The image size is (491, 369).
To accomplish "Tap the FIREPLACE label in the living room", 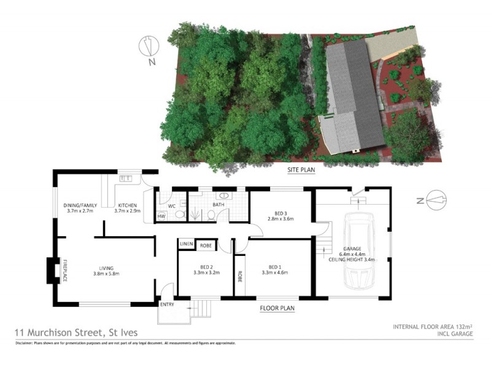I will tap(65, 271).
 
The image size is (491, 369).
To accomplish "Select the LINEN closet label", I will tap(186, 245).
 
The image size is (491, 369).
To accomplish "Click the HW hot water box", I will tap(161, 216).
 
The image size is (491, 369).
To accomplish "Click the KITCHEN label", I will tap(128, 205).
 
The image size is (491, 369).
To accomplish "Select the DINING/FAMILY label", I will tap(78, 205).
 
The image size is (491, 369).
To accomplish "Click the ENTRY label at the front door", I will tap(166, 305).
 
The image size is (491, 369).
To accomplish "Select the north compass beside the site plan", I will tap(146, 49).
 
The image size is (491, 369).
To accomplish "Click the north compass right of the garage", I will tap(433, 200).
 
